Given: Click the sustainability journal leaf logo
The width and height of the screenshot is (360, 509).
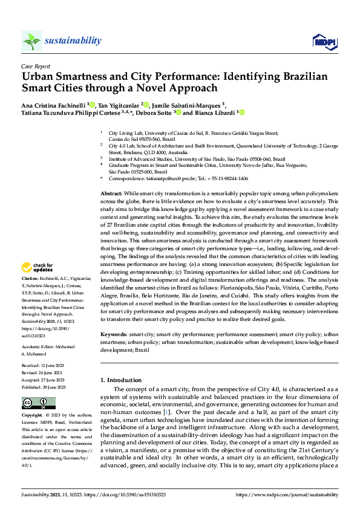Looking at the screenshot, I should point(31,41).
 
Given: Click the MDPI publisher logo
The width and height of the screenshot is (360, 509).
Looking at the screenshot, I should point(323,41).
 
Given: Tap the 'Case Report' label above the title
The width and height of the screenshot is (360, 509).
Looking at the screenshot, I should point(35,66).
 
